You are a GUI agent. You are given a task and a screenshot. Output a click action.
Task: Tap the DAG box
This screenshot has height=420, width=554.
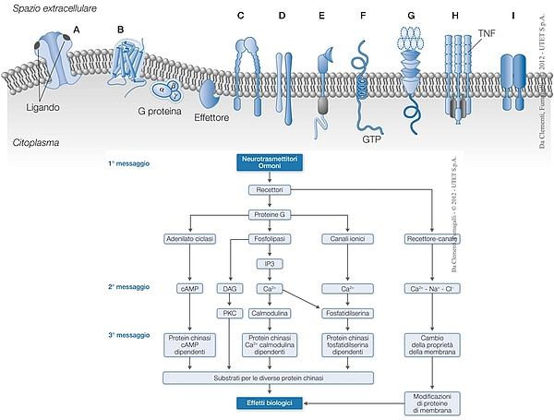[230, 289]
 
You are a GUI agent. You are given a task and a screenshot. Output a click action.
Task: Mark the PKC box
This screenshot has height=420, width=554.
[230, 313]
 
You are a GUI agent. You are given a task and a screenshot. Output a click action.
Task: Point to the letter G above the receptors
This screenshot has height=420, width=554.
[410, 16]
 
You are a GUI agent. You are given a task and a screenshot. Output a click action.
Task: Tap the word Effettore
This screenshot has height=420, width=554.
[211, 117]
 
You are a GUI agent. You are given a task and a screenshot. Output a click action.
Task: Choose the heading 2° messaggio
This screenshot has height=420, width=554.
[127, 288]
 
